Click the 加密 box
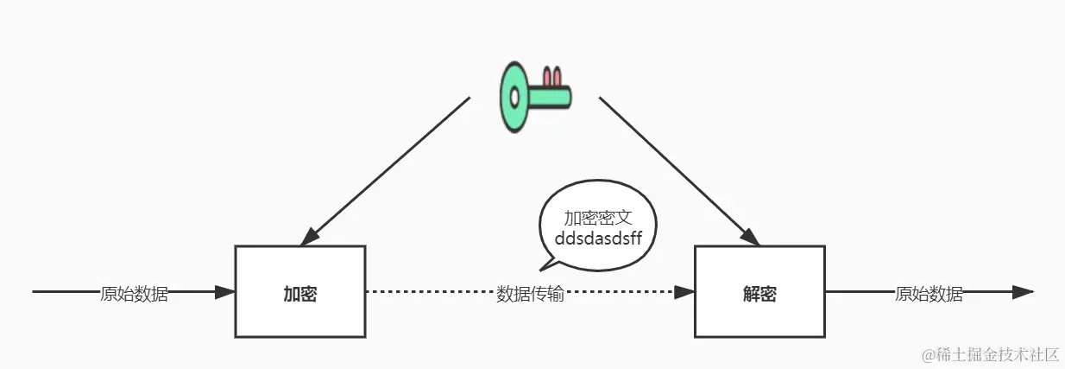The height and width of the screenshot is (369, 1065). (299, 292)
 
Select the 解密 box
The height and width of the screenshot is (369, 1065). (759, 292)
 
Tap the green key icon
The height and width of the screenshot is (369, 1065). (534, 96)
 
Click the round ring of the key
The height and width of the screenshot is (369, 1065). (519, 96)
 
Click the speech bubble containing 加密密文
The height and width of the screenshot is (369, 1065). (596, 226)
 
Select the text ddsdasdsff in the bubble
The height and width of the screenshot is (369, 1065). (596, 236)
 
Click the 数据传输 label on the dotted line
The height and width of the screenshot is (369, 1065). (530, 294)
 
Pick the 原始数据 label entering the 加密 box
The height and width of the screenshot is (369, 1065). (134, 294)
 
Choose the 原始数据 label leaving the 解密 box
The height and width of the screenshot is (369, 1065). (929, 294)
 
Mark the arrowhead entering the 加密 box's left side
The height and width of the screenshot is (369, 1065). (225, 292)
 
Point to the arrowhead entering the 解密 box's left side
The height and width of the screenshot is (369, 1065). (685, 292)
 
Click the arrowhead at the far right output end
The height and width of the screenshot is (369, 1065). (1024, 292)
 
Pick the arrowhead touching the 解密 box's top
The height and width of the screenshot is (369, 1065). (749, 237)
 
